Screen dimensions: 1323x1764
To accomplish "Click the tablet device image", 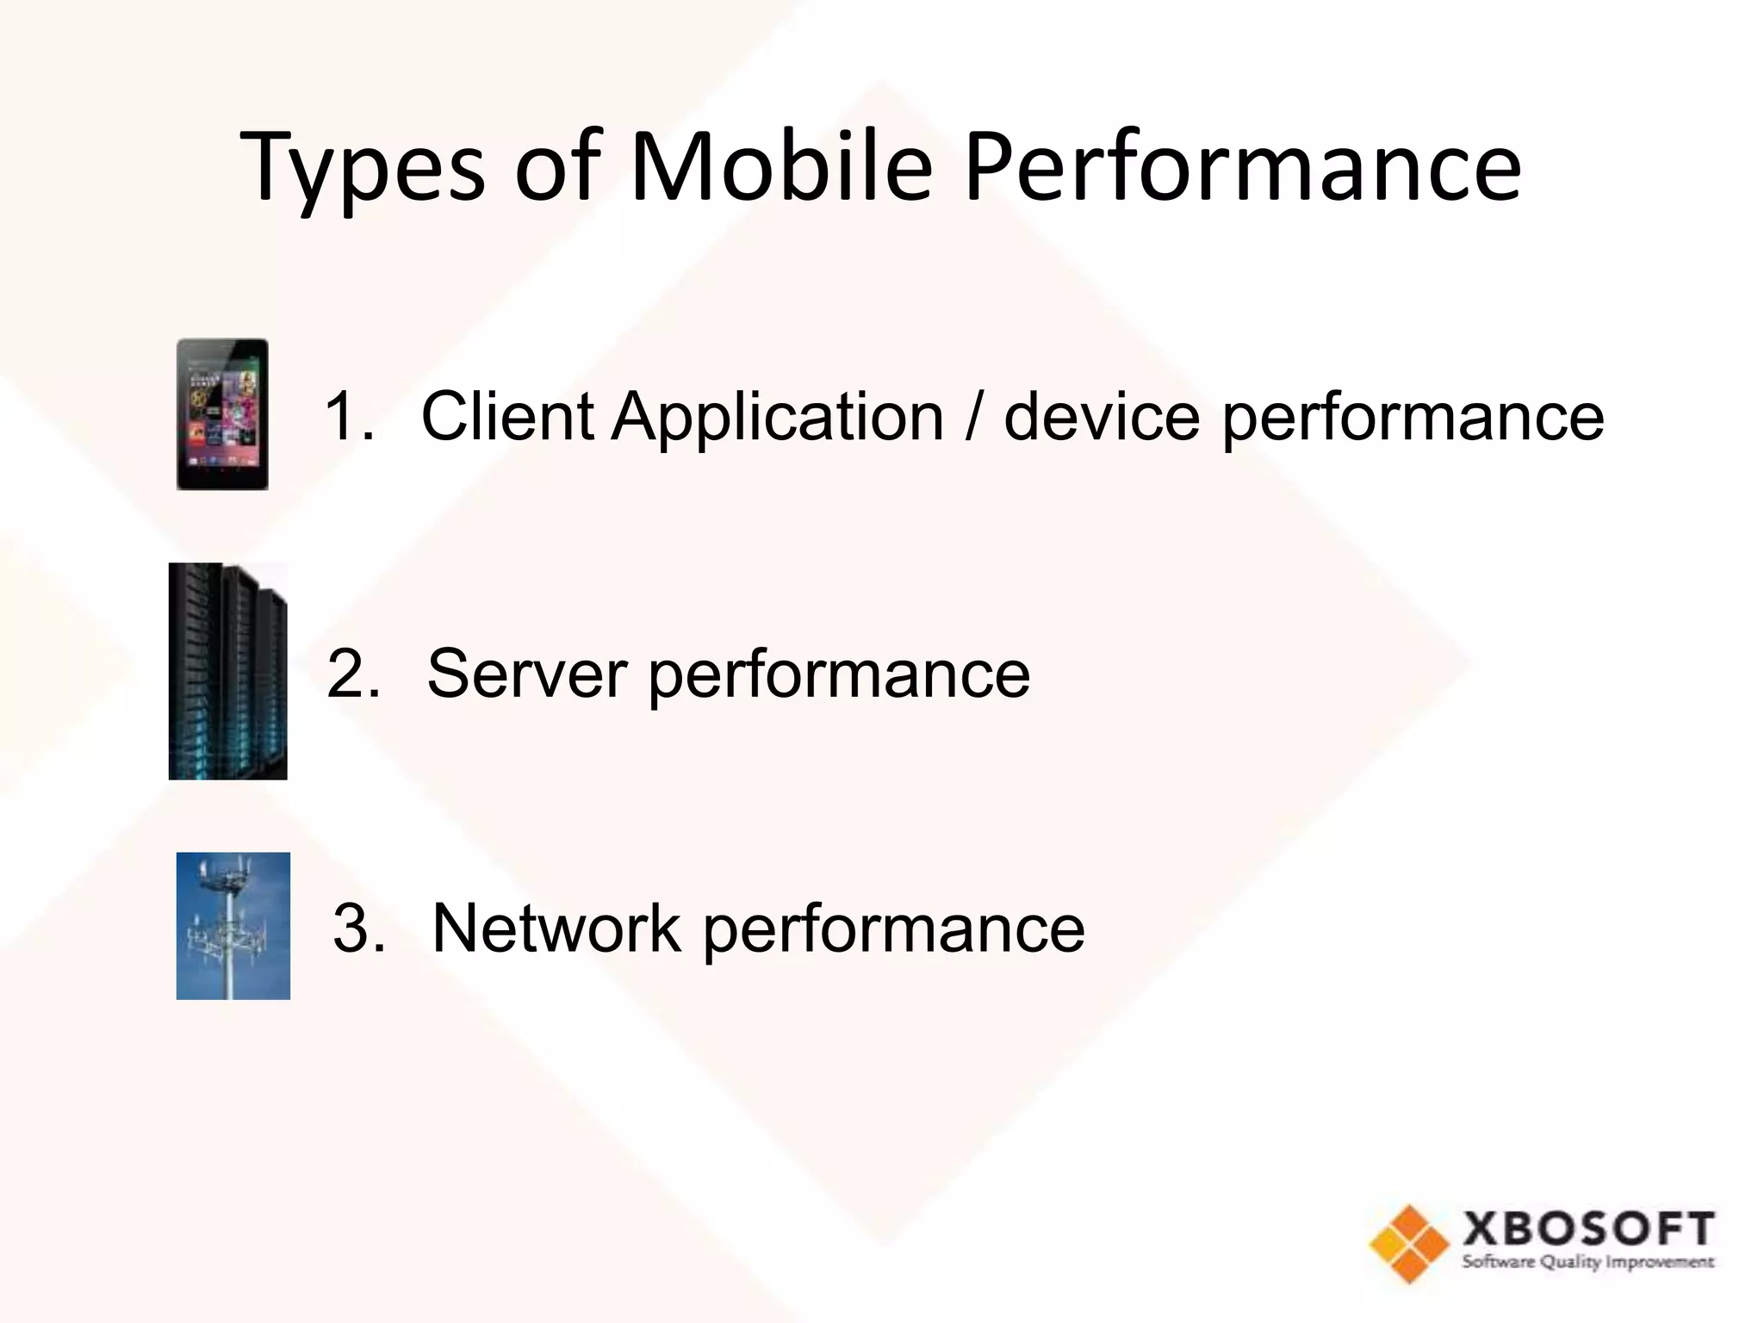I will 222,414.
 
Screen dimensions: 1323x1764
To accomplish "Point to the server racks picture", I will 227,672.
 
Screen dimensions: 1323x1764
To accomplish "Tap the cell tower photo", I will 233,926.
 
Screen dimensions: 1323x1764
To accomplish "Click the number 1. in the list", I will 350,416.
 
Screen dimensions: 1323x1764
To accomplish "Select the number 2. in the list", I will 353,673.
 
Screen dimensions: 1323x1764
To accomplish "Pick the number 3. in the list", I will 358,929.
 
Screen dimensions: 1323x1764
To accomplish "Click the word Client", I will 507,416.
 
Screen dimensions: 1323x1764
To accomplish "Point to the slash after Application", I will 973,418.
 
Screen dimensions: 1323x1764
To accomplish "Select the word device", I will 1102,416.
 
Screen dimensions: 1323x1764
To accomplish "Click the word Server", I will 526,673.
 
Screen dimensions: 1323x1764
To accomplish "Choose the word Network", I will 556,929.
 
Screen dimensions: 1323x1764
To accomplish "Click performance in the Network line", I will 893,930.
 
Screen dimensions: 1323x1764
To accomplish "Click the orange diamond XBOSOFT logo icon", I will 1409,1244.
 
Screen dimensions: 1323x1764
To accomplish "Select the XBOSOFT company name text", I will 1587,1229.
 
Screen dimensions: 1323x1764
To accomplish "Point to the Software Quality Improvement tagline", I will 1587,1263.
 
